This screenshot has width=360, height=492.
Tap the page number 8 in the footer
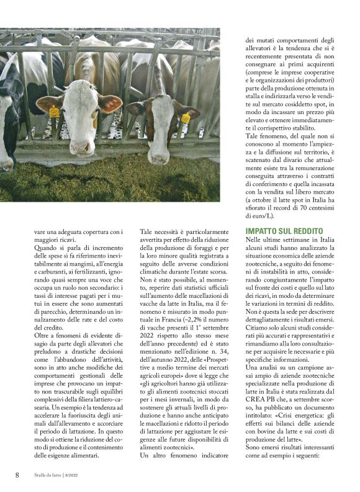(17, 475)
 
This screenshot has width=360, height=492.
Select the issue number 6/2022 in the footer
(83, 475)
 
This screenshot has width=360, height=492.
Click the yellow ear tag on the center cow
(54, 112)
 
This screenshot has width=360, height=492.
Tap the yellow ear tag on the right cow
(186, 119)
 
